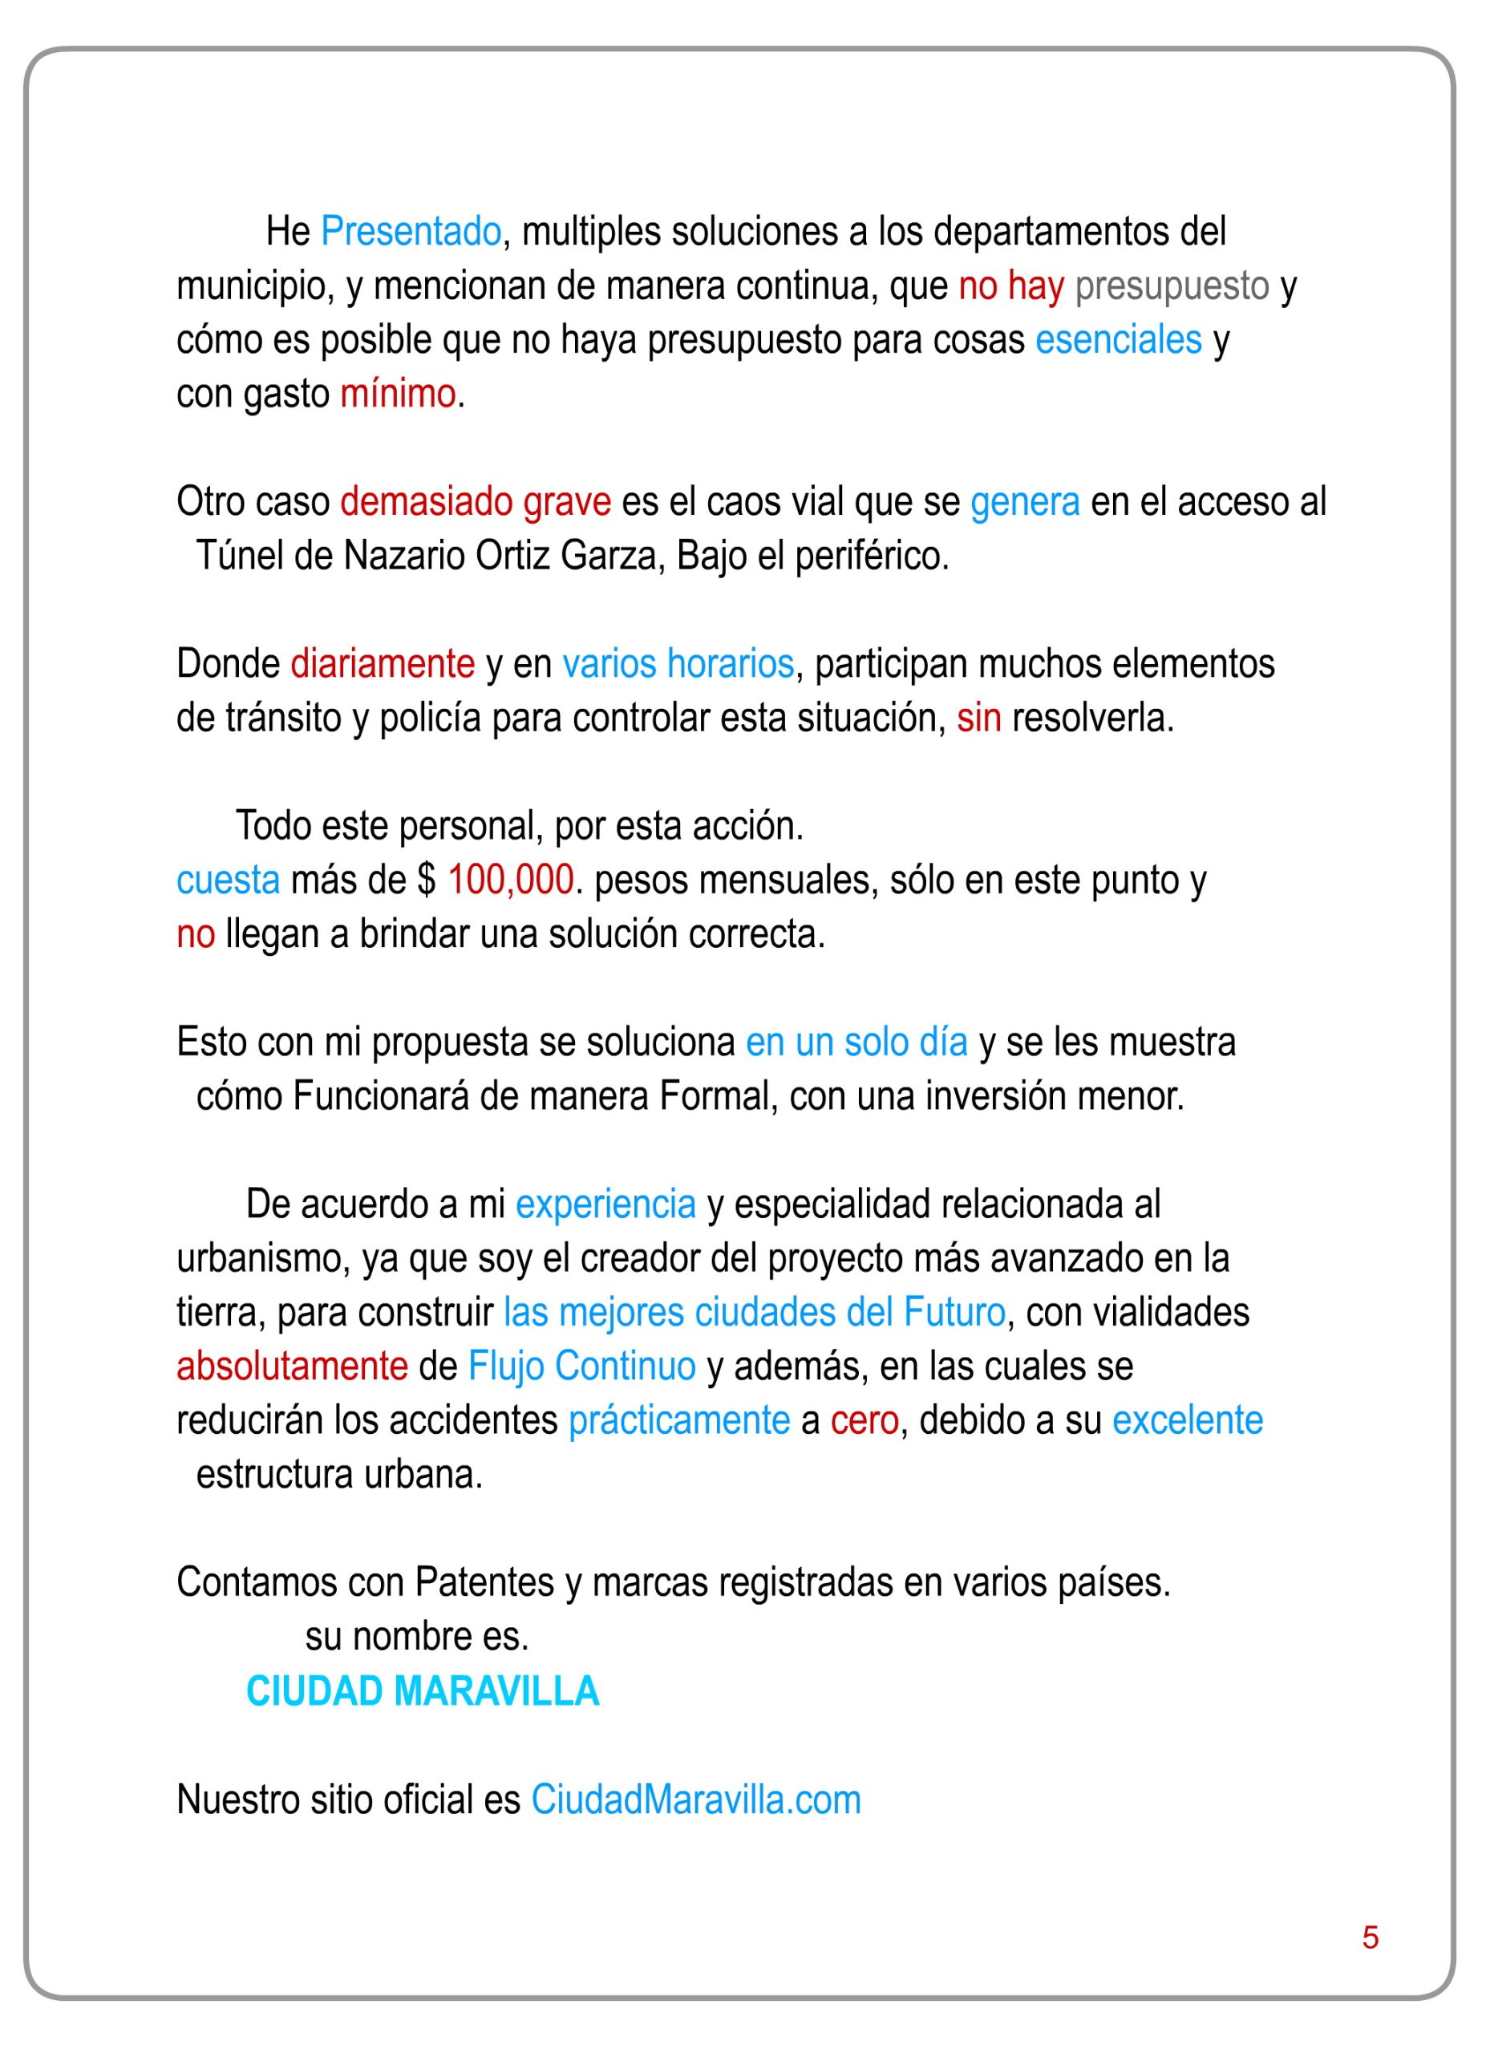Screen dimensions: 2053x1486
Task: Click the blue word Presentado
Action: coord(411,232)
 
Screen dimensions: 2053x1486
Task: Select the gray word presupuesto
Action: coord(1172,286)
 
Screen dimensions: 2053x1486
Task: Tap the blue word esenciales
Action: coord(1118,340)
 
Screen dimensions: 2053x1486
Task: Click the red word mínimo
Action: coord(397,395)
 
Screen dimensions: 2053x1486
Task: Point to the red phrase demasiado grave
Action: coord(475,502)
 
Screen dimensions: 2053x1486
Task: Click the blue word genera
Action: coord(1024,502)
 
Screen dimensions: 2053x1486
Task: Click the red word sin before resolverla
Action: coord(978,719)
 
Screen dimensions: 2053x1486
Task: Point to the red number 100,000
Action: coord(510,880)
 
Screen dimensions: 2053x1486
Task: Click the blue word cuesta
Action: coord(228,881)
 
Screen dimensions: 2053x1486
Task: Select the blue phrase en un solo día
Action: coord(856,1043)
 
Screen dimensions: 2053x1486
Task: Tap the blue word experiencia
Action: coord(605,1205)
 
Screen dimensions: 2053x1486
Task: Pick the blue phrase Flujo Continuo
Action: coord(581,1367)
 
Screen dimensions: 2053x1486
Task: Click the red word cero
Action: coord(864,1421)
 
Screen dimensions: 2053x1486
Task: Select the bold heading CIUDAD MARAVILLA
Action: coord(423,1691)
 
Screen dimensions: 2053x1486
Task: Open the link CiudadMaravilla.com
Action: coord(695,1800)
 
